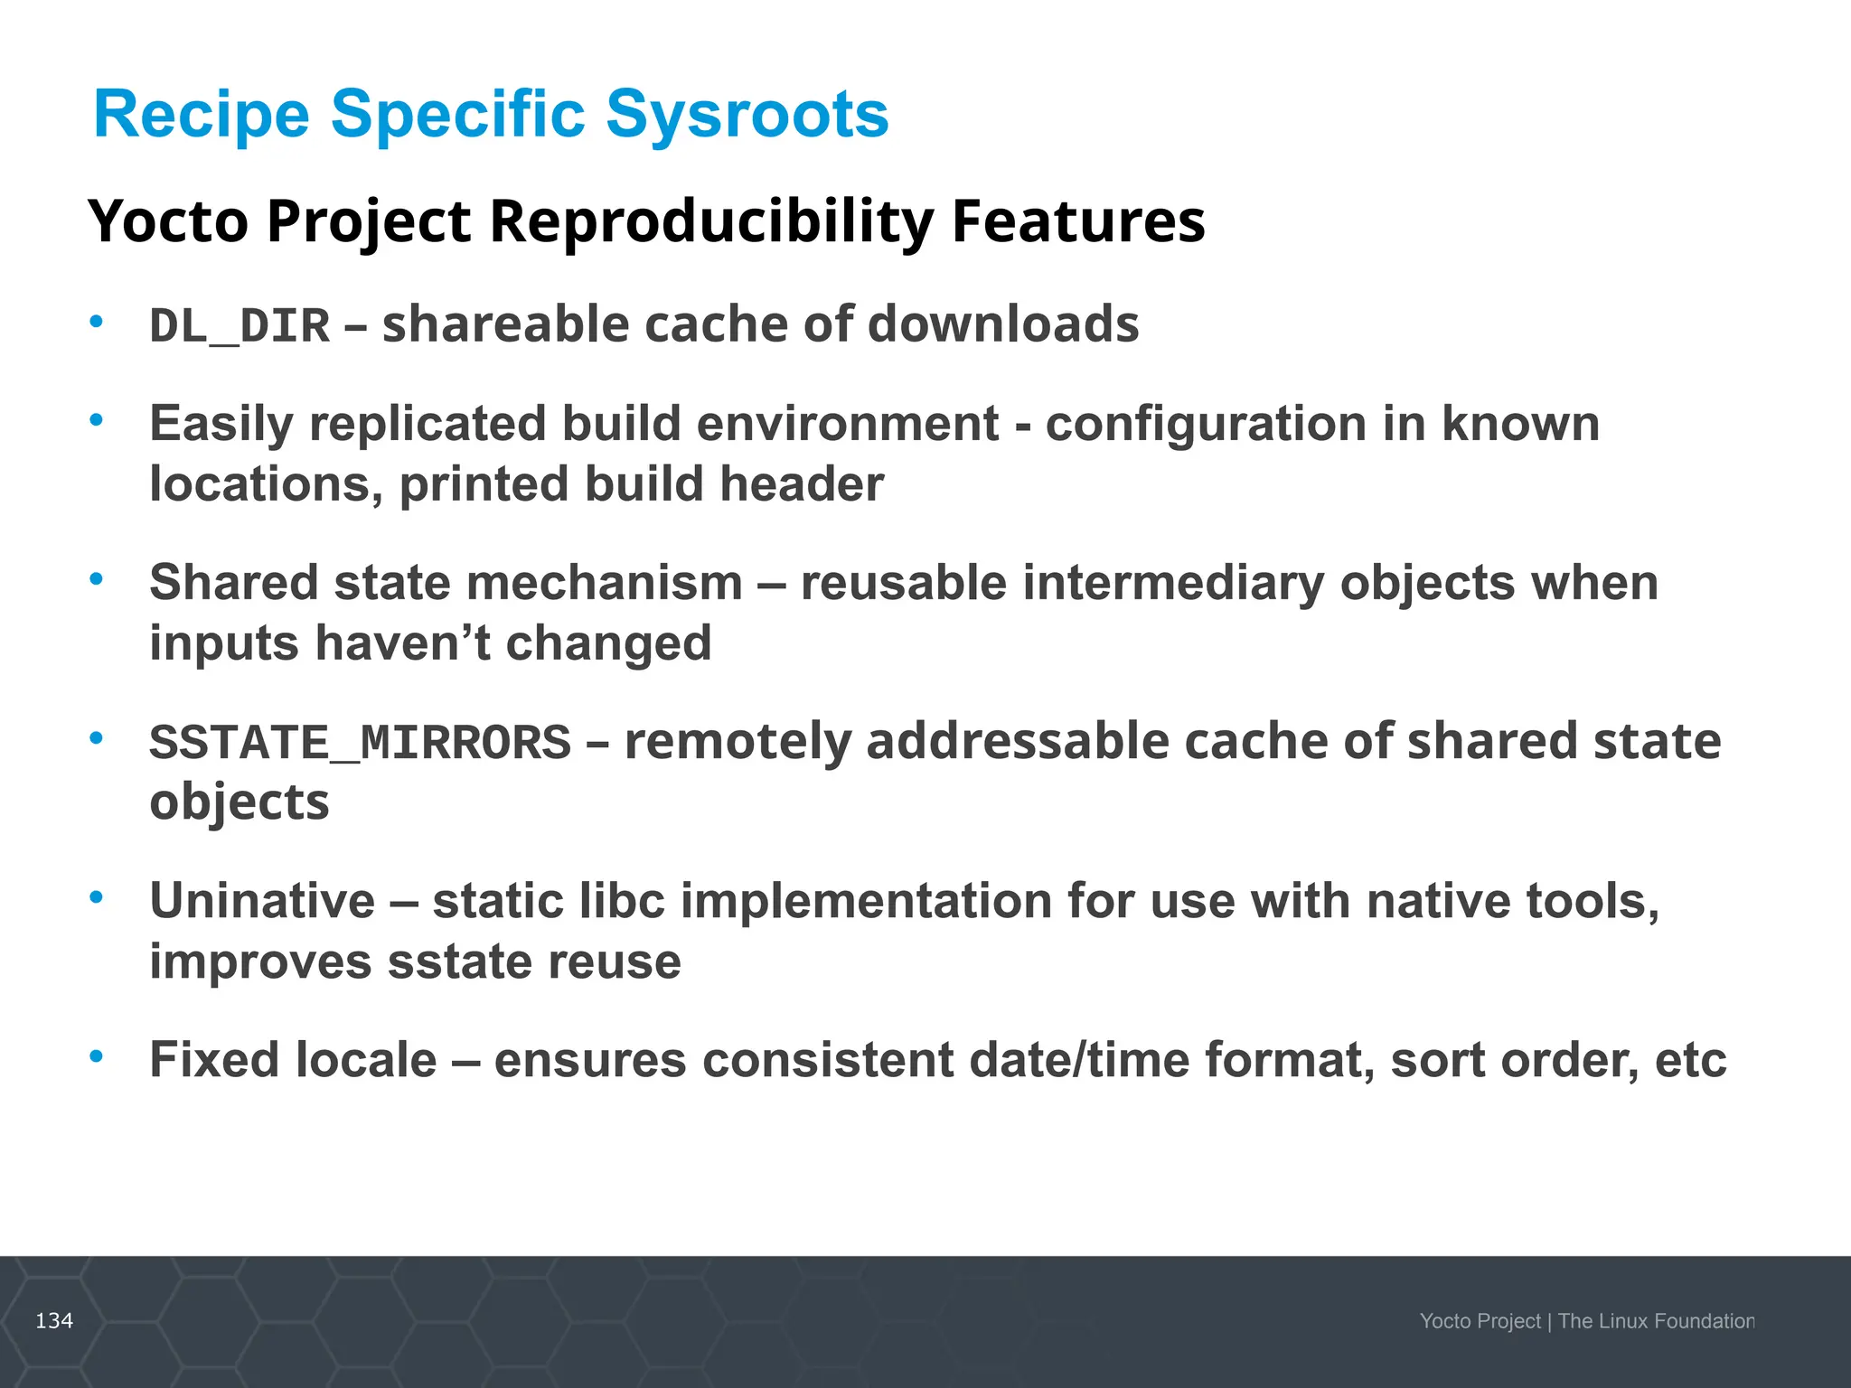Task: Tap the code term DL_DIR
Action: [x=240, y=326]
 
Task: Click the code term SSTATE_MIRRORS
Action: [x=360, y=743]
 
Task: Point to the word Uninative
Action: [x=262, y=901]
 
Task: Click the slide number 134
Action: [x=54, y=1321]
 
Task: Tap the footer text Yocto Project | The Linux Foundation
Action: [x=1586, y=1321]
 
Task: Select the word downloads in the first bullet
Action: [x=1003, y=324]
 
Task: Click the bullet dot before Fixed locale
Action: [x=97, y=1055]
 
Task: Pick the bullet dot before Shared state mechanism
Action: [x=97, y=579]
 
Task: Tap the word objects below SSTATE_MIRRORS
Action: [x=240, y=802]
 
